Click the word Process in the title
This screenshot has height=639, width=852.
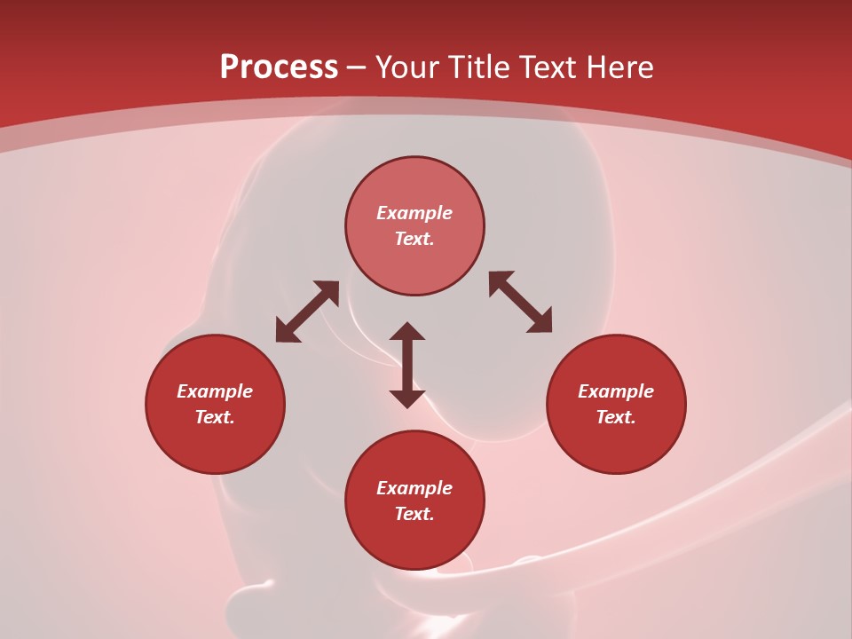tap(279, 67)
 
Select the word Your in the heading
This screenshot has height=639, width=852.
tap(409, 67)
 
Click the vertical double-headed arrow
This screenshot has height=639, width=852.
tap(407, 365)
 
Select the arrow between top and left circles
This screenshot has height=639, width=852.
tap(307, 312)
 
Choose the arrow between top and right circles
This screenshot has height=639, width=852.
tap(520, 303)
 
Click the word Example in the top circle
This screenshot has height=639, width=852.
tap(414, 213)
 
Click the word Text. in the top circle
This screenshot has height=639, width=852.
tap(414, 239)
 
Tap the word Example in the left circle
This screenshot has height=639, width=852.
tap(215, 391)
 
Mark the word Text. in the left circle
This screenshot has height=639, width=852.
tap(215, 417)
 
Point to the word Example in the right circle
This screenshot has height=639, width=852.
tap(616, 391)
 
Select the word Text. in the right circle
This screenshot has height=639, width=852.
tap(616, 417)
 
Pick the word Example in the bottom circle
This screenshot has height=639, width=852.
tap(414, 488)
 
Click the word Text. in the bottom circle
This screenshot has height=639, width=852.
tap(414, 514)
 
